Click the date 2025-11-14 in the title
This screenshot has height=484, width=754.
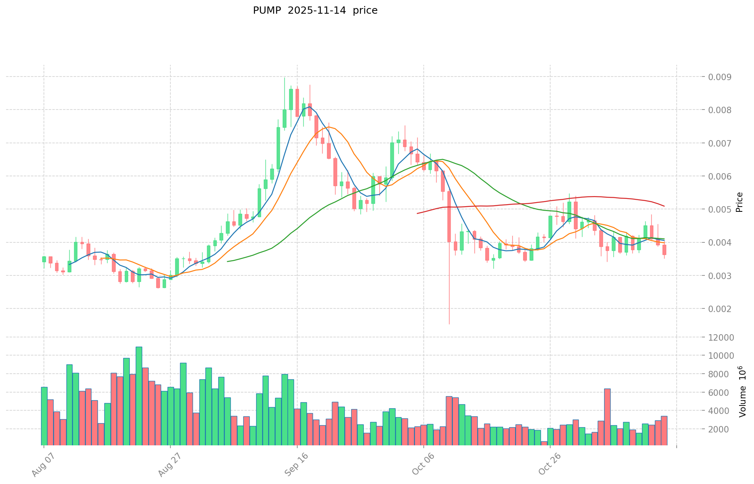pyautogui.click(x=315, y=10)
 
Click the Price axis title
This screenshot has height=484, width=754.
pyautogui.click(x=739, y=202)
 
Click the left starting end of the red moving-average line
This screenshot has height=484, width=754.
pyautogui.click(x=418, y=213)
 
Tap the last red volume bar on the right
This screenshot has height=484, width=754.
pyautogui.click(x=664, y=430)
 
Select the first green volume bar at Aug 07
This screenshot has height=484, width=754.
pyautogui.click(x=44, y=416)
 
